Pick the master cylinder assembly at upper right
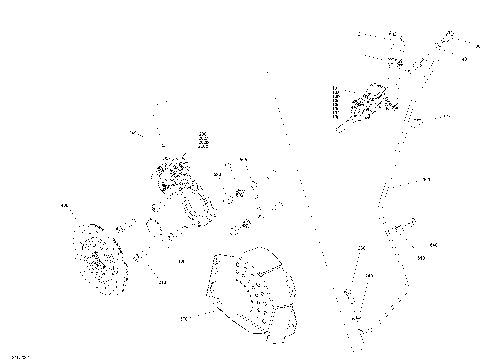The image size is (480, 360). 367,105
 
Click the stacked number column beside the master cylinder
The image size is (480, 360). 337,102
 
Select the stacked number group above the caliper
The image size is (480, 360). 202,141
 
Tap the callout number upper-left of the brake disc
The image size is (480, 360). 65,207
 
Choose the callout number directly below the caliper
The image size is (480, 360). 181,261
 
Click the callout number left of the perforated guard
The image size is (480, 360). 183,319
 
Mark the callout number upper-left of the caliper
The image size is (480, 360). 132,133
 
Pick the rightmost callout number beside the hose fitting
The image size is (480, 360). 433,244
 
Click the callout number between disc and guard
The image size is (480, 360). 162,283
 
